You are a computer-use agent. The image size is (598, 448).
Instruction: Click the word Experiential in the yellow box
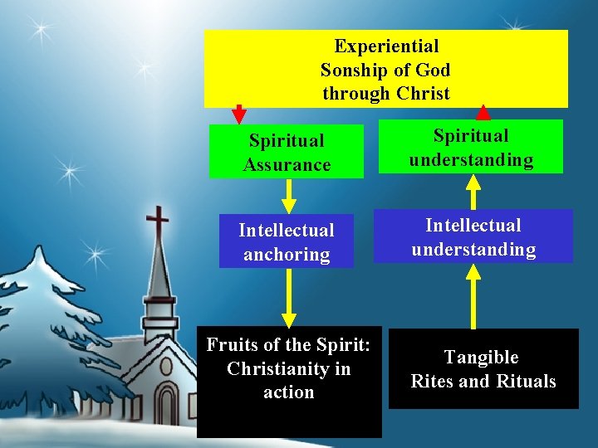tap(386, 46)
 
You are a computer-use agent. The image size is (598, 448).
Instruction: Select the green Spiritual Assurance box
tap(287, 152)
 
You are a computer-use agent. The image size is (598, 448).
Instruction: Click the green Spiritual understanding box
tap(471, 147)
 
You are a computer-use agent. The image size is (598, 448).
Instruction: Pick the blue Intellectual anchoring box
tap(287, 241)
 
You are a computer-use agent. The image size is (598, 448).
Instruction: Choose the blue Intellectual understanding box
tap(473, 236)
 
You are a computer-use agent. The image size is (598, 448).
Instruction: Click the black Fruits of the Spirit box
tap(289, 382)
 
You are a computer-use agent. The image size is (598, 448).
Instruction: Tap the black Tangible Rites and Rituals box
tap(483, 369)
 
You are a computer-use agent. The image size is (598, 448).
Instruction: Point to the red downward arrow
tap(239, 114)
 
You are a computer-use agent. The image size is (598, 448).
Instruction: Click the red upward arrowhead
tap(483, 112)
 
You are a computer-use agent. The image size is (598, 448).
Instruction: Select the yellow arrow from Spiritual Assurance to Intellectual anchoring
tap(289, 196)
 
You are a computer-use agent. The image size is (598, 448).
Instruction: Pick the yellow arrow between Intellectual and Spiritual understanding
tap(473, 192)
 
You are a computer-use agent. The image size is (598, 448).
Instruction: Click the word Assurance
tap(287, 164)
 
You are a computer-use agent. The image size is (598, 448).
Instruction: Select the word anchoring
tap(287, 254)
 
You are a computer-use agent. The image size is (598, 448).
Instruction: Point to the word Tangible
tap(481, 358)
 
